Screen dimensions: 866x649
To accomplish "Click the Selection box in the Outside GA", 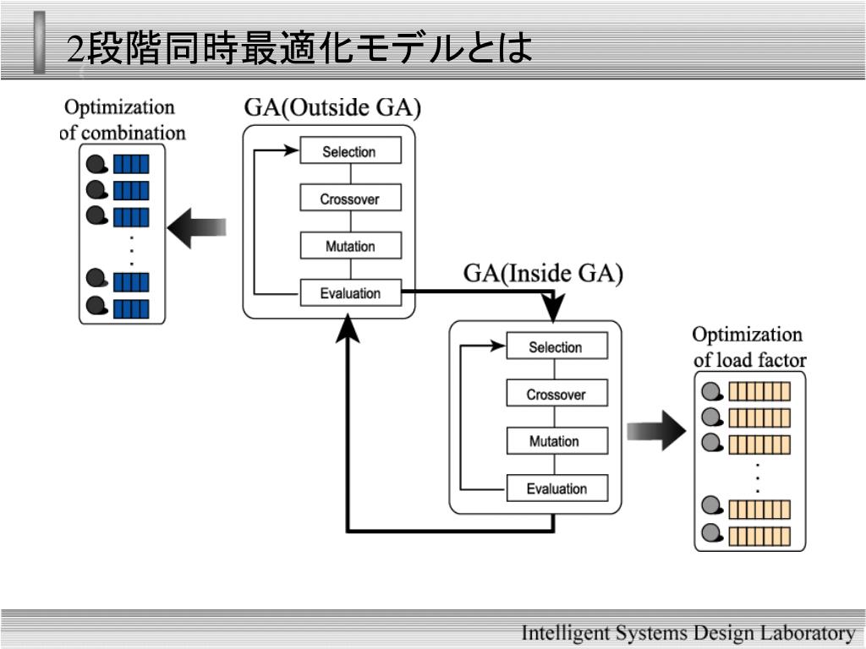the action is point(351,150).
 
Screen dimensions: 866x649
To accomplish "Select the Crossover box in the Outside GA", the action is point(351,198).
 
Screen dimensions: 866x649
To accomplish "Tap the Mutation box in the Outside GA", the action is point(351,245).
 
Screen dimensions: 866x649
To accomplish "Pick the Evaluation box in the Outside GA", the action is point(351,292).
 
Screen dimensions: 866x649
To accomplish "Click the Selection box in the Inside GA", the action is point(557,346).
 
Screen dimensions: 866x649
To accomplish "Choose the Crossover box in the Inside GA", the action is point(557,393).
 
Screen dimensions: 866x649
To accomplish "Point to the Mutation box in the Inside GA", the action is point(557,440).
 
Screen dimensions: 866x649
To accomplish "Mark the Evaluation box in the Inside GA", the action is point(557,488).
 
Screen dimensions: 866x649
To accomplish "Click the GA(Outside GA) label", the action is point(332,107).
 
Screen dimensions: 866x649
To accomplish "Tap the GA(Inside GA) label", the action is point(543,274).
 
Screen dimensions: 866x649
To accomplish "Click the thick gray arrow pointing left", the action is point(196,228).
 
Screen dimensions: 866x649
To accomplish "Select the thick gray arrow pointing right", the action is point(656,430).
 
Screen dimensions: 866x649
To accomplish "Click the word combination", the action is point(133,133).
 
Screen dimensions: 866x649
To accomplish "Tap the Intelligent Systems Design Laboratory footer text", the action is point(688,632).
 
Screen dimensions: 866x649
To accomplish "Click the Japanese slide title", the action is point(299,47).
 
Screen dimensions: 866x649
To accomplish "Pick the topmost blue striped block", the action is point(131,164).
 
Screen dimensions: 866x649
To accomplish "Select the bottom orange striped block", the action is point(759,536).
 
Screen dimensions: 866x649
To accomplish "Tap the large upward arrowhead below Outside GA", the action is point(348,329).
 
